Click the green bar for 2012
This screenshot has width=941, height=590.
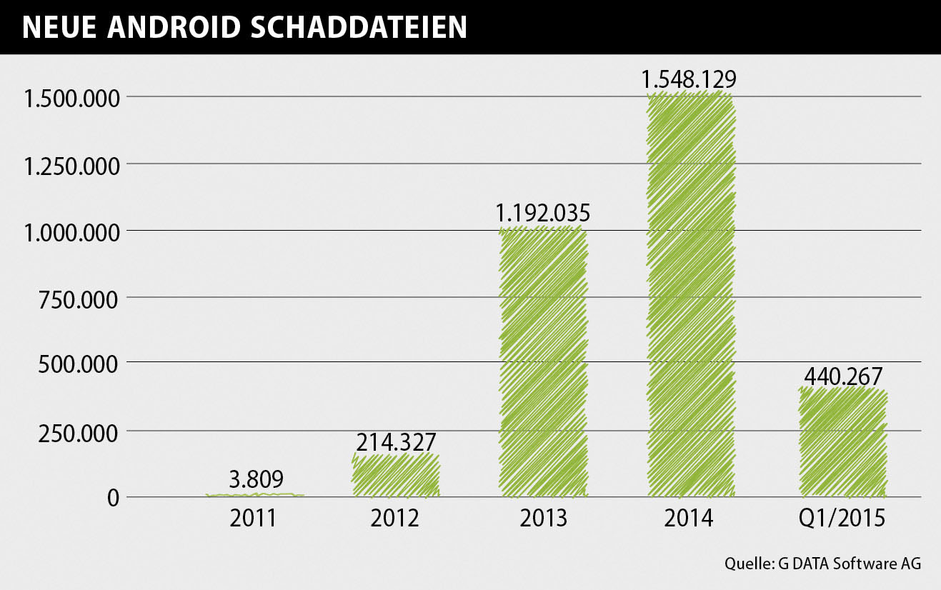point(395,475)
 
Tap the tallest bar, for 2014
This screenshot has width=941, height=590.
point(690,295)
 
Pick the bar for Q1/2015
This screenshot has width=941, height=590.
point(842,443)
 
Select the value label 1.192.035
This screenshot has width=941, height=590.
point(543,212)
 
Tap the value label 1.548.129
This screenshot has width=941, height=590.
point(689,79)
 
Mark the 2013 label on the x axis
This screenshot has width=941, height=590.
point(543,518)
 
